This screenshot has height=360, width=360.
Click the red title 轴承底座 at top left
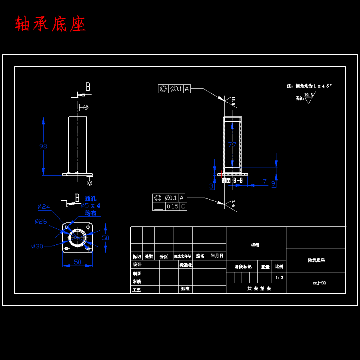(50, 24)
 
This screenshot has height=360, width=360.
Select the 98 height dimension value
(43, 146)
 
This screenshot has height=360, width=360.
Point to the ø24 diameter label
(44, 207)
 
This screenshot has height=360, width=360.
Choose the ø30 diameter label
(37, 246)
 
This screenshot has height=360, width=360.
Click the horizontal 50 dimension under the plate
(77, 262)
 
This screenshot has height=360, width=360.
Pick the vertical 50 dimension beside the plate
(105, 238)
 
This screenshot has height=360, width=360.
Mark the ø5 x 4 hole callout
(90, 206)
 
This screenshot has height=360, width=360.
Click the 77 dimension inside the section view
(232, 145)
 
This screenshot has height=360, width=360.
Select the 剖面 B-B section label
(232, 180)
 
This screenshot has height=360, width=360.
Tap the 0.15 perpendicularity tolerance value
(172, 206)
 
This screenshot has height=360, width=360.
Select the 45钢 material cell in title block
(255, 245)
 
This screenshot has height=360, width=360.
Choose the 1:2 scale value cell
(280, 277)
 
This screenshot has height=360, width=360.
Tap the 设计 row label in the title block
(137, 264)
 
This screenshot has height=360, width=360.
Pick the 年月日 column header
(217, 256)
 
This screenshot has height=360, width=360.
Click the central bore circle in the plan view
(77, 238)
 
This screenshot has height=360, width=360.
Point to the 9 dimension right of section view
(273, 184)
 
